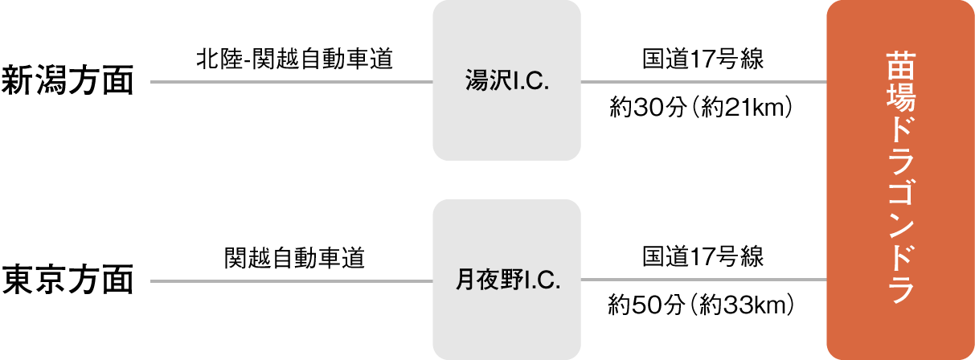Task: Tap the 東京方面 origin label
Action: (x=67, y=280)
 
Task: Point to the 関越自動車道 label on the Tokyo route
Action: (x=294, y=259)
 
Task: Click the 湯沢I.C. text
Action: (x=506, y=81)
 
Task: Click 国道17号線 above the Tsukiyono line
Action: (x=703, y=259)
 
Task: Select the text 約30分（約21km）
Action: (x=703, y=107)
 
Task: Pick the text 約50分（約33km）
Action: (x=703, y=305)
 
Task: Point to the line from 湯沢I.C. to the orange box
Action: (x=703, y=82)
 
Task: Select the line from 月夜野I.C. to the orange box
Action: (x=703, y=280)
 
